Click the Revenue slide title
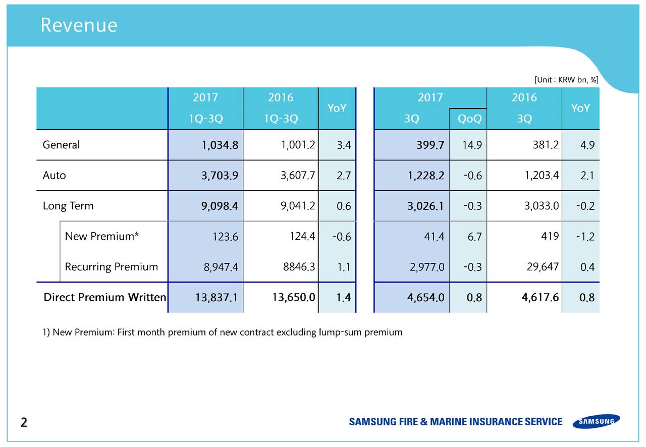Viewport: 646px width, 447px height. click(x=79, y=25)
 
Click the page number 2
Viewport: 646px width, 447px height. click(x=24, y=422)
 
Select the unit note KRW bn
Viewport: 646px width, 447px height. click(x=566, y=79)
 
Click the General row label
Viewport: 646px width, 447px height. click(x=61, y=145)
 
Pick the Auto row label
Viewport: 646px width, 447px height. click(x=54, y=176)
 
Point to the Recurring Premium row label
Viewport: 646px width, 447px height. click(x=111, y=267)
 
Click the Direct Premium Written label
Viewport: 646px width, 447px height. click(x=104, y=297)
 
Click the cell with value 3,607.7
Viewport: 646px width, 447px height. click(x=297, y=176)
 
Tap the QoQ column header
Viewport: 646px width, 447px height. click(x=469, y=119)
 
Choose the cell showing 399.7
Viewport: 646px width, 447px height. click(x=430, y=145)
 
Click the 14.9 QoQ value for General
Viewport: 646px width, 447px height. click(x=471, y=145)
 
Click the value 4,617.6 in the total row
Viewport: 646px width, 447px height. click(x=540, y=297)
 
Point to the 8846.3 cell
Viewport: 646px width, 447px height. click(x=298, y=266)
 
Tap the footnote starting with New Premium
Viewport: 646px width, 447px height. click(x=222, y=332)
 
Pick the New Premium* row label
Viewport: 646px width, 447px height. click(x=101, y=236)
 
